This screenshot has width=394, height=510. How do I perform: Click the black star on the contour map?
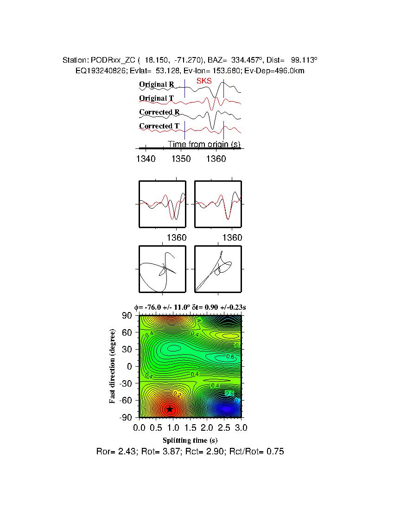[170, 409]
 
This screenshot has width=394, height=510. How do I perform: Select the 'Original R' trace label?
[157, 84]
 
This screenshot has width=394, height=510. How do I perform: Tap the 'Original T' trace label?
[157, 98]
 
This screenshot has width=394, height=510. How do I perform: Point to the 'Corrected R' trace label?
[159, 112]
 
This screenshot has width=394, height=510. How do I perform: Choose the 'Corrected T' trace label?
[159, 126]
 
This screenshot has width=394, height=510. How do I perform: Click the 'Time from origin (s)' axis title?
[204, 144]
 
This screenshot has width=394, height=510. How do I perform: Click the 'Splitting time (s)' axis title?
[190, 440]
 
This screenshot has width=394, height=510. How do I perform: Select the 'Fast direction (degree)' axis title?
[113, 366]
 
